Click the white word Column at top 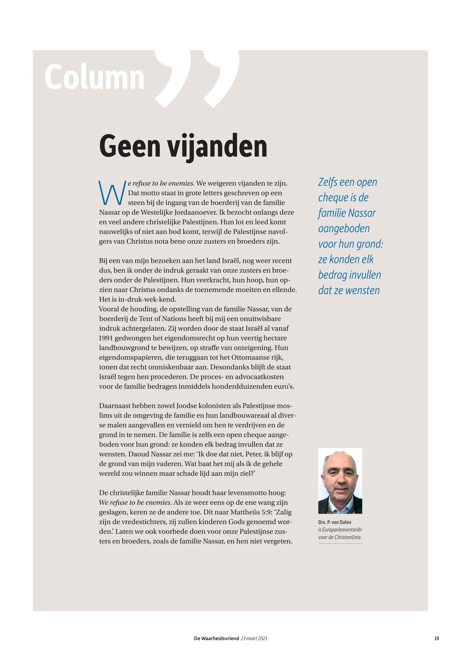pyautogui.click(x=94, y=77)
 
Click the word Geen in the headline pyautogui.click(x=130, y=146)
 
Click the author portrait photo pyautogui.click(x=340, y=481)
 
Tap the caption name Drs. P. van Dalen pyautogui.click(x=335, y=522)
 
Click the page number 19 pyautogui.click(x=437, y=638)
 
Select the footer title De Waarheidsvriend pyautogui.click(x=216, y=639)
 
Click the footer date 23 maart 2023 pyautogui.click(x=254, y=639)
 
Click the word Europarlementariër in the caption pyautogui.click(x=342, y=529)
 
